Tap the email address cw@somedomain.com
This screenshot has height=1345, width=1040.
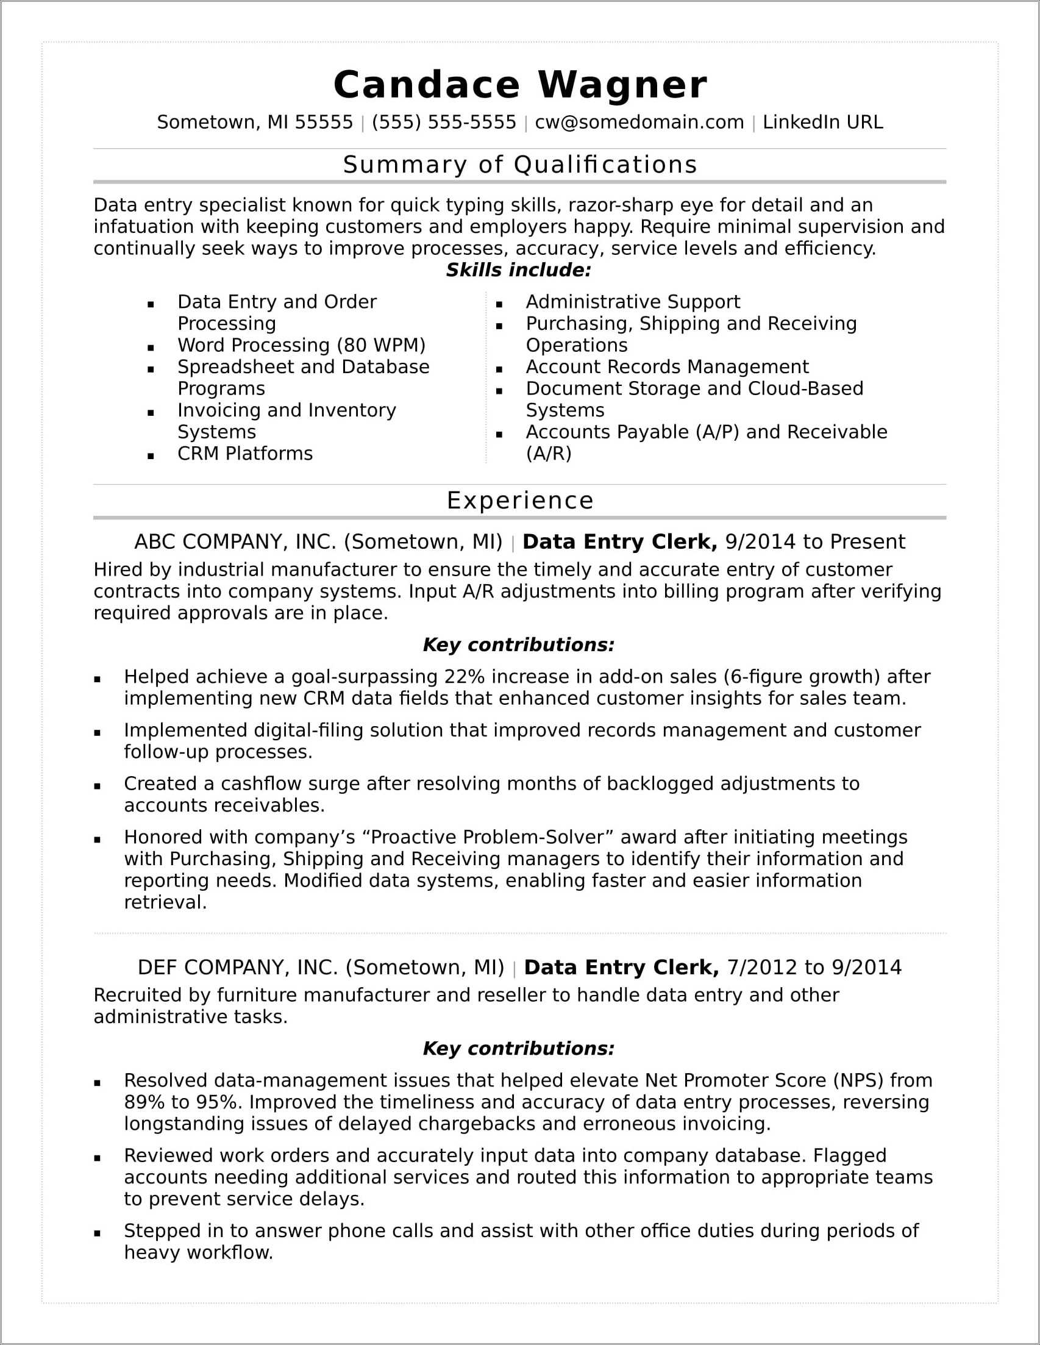pos(639,122)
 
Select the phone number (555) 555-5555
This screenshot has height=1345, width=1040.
pos(443,122)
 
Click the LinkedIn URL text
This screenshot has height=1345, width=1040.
pos(822,122)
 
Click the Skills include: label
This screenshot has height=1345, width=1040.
pos(518,269)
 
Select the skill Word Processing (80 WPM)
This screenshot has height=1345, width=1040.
pos(301,345)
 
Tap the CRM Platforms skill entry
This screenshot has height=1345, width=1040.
pos(245,453)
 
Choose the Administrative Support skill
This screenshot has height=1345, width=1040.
pos(632,302)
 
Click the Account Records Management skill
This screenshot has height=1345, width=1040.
pos(667,366)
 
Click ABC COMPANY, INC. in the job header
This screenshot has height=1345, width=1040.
pos(235,541)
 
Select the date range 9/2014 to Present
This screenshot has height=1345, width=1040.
pos(814,541)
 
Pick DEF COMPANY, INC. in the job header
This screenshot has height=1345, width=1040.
pos(238,967)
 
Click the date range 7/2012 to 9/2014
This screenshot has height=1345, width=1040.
pos(813,967)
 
